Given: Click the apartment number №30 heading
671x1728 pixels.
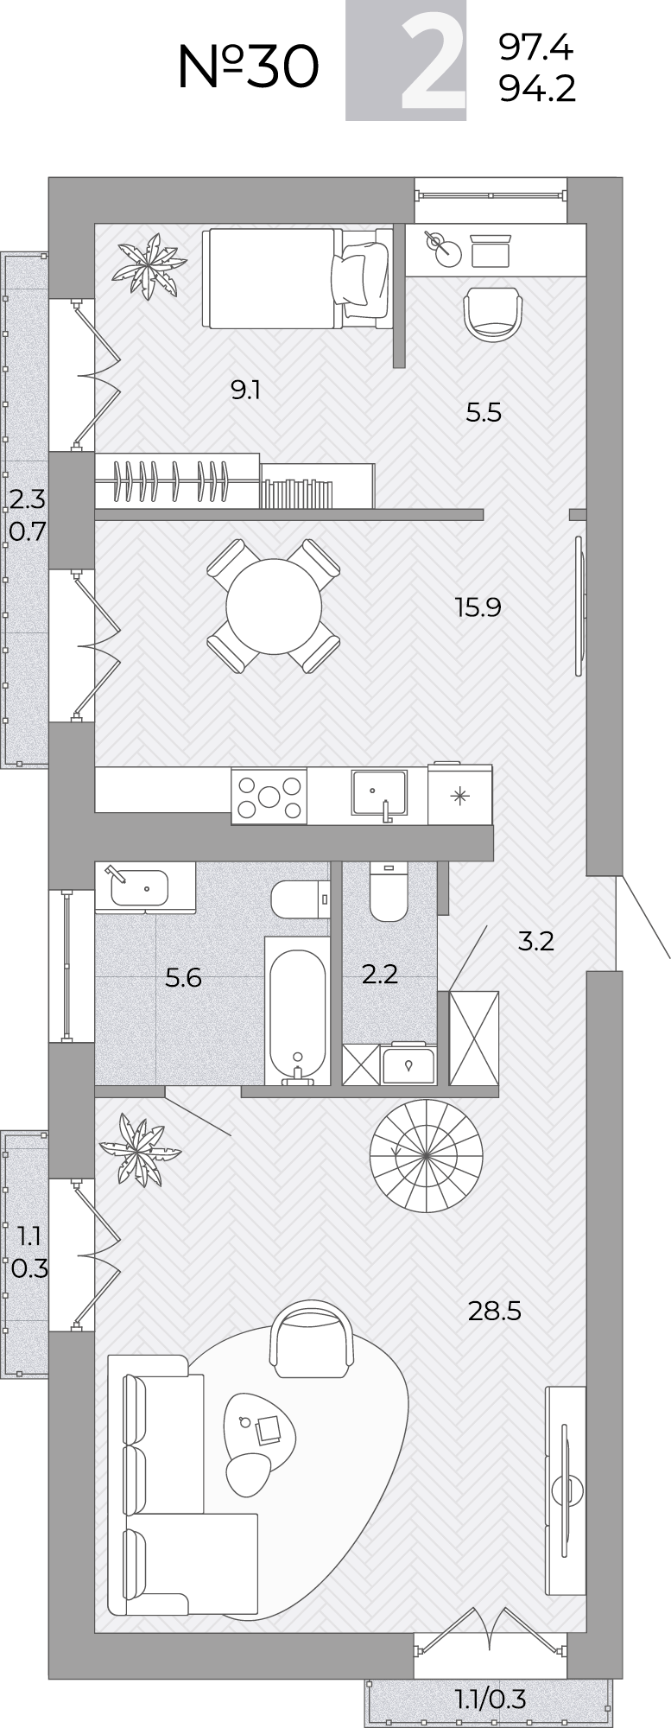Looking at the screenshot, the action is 248,67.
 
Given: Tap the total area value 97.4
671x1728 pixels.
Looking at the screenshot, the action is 536,48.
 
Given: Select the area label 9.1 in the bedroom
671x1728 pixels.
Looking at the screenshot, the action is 245,391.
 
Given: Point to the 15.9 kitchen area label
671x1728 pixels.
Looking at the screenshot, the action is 478,607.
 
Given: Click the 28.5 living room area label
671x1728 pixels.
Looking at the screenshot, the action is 494,1312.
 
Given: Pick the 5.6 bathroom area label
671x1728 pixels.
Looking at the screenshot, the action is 183,978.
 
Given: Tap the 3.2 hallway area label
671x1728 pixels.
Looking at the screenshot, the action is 535,941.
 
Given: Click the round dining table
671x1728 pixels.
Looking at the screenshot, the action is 273,606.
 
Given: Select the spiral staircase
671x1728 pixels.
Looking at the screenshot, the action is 426,1155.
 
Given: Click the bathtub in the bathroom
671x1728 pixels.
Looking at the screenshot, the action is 297,1011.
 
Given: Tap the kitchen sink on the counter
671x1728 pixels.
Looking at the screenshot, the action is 378,794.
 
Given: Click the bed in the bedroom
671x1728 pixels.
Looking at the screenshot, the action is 294,277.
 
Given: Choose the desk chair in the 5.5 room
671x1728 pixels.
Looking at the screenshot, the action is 493,314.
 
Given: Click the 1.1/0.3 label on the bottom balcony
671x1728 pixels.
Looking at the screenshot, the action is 491,1699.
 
